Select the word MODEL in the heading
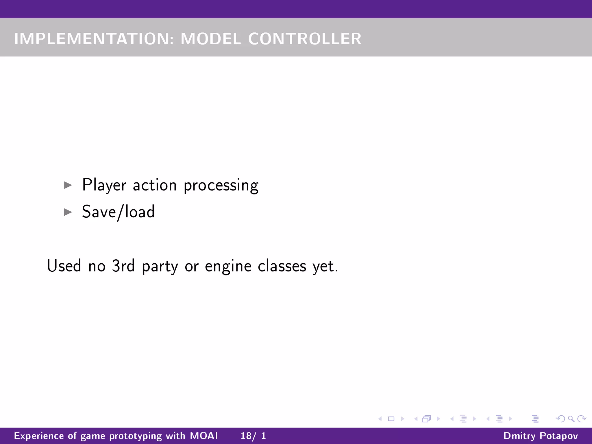point(211,39)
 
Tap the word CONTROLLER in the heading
point(305,39)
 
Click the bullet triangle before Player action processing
point(68,185)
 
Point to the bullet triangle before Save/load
point(68,212)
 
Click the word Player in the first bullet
point(104,185)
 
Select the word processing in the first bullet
point(221,186)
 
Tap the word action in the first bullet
point(155,185)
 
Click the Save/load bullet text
point(119,212)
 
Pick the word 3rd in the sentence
point(123,266)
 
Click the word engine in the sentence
point(228,267)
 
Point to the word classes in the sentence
point(282,266)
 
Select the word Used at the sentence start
point(64,266)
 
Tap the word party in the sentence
point(160,267)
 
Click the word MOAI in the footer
point(204,436)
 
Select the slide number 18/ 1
point(253,436)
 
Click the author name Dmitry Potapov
point(541,436)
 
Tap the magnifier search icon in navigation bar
point(571,419)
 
